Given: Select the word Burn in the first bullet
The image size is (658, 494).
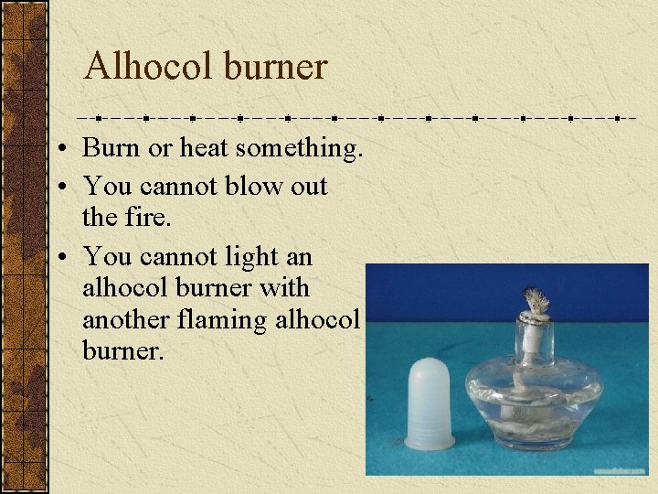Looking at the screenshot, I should [x=108, y=147].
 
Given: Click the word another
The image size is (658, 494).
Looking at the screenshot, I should [x=122, y=320].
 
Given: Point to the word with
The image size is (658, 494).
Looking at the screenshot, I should [x=286, y=288].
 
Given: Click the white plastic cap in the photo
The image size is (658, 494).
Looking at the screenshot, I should [x=430, y=403].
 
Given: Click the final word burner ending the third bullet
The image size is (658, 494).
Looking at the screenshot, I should [x=122, y=352].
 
